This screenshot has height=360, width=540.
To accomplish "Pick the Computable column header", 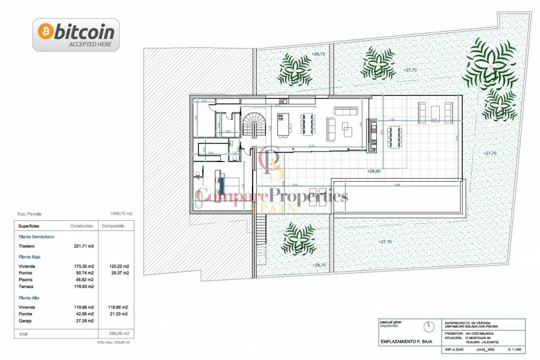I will click(x=113, y=226).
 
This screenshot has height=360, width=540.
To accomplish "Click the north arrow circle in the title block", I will click(x=428, y=327).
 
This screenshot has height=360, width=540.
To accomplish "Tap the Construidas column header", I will click(x=82, y=226).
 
